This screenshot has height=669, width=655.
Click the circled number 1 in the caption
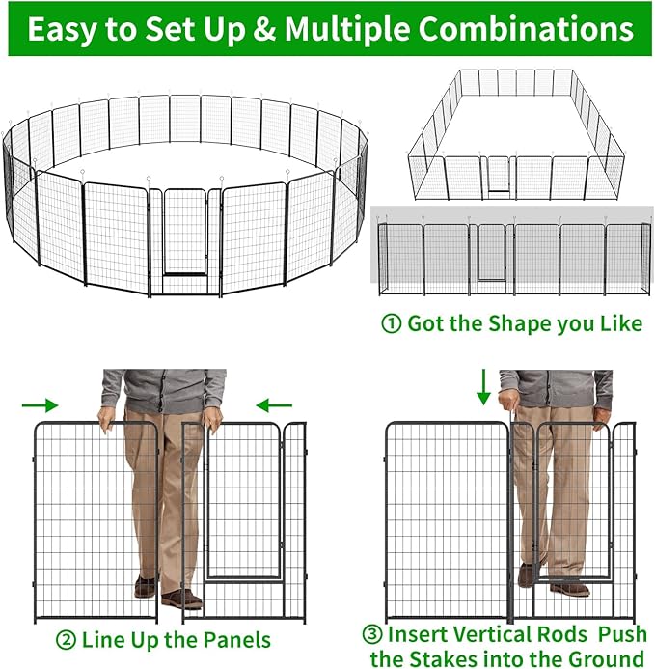click(x=392, y=323)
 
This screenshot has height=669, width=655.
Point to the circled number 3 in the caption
click(x=373, y=634)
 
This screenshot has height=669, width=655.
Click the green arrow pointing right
click(x=41, y=405)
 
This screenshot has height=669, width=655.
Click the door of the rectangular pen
click(x=499, y=175)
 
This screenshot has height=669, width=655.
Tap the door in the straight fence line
click(x=491, y=255)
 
